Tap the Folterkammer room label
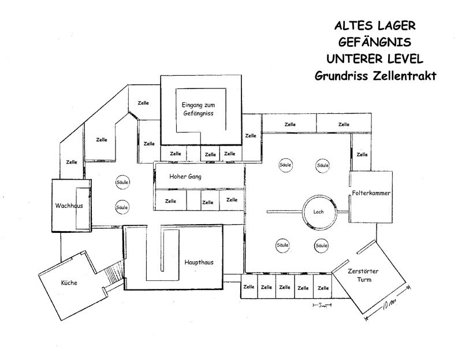[368, 192]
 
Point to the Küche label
[69, 283]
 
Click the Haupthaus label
[199, 262]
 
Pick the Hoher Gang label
[184, 176]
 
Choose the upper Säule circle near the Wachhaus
[122, 181]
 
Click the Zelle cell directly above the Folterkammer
[362, 154]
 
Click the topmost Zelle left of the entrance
[143, 103]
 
